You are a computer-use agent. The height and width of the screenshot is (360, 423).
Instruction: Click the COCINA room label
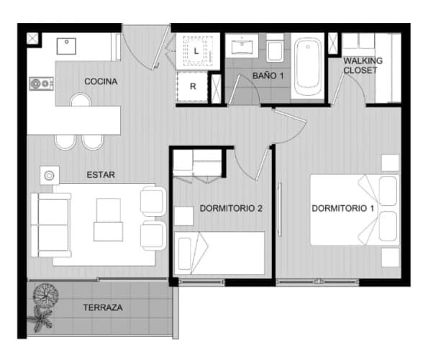(x=101, y=81)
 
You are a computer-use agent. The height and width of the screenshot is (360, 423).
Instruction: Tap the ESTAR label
(x=101, y=175)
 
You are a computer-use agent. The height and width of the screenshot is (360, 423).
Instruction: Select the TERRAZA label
(x=103, y=307)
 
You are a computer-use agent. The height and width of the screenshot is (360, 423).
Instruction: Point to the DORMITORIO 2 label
(x=231, y=208)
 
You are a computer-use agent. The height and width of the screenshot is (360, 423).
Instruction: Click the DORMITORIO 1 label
(x=342, y=208)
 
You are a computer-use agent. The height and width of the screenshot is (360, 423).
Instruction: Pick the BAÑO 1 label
(x=268, y=76)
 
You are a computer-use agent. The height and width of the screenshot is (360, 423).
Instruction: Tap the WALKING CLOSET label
(x=363, y=66)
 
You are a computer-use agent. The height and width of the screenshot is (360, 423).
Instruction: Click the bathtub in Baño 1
(x=308, y=66)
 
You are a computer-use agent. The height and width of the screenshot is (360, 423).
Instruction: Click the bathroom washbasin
(x=242, y=46)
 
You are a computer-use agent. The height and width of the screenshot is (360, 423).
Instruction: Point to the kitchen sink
(x=66, y=46)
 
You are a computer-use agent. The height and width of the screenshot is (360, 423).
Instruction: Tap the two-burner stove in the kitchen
(x=41, y=84)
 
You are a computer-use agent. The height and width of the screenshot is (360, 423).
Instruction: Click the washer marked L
(x=197, y=50)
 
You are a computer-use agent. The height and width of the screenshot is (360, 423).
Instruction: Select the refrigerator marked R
(x=192, y=86)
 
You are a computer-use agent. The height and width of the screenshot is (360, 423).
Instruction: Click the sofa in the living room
(x=51, y=225)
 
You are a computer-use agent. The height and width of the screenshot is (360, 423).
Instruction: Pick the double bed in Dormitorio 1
(x=355, y=210)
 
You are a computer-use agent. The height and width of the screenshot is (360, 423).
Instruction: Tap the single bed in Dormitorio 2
(x=219, y=253)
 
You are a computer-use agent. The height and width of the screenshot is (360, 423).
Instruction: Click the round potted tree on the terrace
(x=45, y=294)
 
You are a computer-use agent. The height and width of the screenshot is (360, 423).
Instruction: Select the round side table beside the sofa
(x=50, y=176)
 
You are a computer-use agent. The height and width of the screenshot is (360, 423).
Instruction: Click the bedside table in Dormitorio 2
(x=183, y=216)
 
